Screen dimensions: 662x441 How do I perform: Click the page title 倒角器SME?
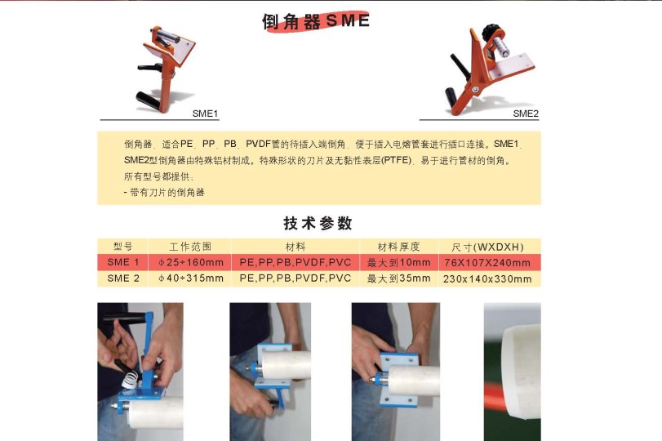[316, 21]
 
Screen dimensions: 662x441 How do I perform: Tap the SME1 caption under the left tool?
[205, 114]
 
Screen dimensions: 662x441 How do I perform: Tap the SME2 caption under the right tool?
[526, 114]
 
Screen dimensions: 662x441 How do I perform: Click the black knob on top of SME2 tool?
[492, 31]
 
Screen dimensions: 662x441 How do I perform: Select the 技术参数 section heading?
[318, 223]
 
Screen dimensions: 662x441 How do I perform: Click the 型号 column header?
[123, 247]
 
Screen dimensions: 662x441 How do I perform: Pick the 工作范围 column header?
[190, 247]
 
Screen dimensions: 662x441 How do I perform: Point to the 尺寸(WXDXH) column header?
[487, 247]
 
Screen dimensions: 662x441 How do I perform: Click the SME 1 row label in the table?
[123, 262]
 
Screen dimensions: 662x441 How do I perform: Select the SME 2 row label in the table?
[123, 278]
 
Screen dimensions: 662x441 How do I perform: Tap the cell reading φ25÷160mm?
[191, 262]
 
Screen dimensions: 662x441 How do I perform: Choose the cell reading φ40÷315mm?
[191, 278]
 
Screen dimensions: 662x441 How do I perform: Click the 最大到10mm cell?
[398, 262]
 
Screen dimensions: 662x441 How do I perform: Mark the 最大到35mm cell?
[398, 278]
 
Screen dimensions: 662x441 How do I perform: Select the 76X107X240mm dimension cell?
[487, 263]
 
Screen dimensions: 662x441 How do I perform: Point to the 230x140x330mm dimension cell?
[487, 278]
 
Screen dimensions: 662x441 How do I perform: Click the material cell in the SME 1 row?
[295, 262]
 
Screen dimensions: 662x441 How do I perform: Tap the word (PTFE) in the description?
[396, 161]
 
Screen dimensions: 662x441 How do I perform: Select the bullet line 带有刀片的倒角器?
[164, 193]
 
